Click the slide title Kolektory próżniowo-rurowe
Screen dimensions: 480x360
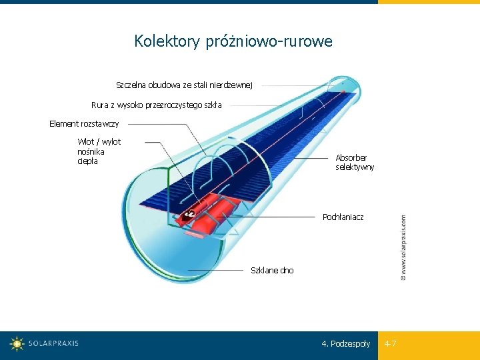coord(233,41)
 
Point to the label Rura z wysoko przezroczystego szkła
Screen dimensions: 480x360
coord(157,105)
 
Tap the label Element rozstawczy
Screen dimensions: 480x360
coord(84,123)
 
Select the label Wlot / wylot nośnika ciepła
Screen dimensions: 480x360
coord(99,151)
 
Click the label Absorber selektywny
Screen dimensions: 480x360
coord(355,162)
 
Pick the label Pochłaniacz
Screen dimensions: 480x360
coord(343,217)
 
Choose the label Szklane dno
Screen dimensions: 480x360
coord(271,270)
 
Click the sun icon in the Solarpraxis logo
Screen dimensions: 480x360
coord(17,344)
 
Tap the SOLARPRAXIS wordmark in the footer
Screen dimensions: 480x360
coord(53,344)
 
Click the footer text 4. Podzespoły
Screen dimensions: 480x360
coord(345,344)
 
